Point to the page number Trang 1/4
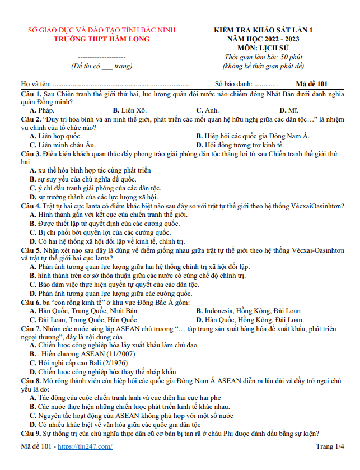(x=330, y=446)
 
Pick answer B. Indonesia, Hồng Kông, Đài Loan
(x=248, y=310)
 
